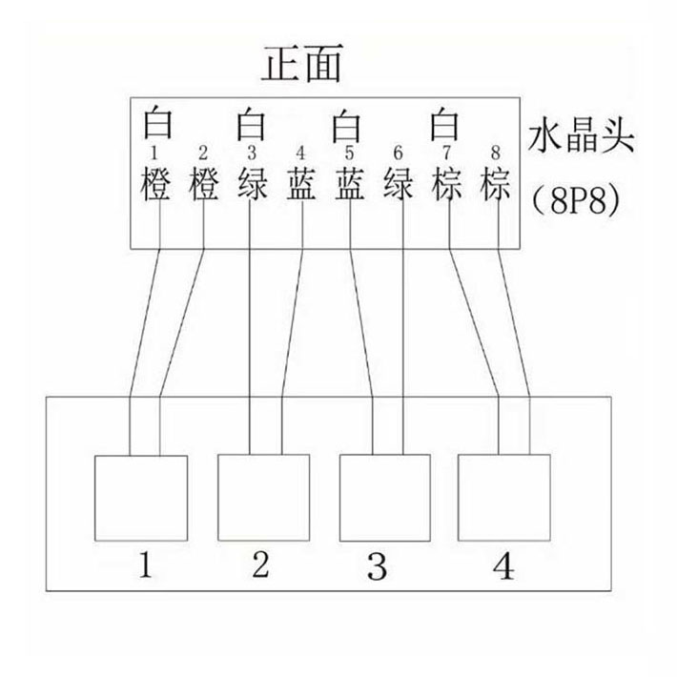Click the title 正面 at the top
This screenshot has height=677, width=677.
300,66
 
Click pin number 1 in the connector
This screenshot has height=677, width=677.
155,153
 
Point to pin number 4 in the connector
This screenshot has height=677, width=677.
300,153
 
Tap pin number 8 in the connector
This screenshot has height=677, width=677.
495,153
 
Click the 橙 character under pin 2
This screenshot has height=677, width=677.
204,183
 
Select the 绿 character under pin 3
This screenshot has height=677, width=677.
252,183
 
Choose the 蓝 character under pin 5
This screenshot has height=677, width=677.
350,183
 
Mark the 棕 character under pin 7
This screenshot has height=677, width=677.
446,183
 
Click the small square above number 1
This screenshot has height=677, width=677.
142,499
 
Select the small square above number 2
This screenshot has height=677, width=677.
264,499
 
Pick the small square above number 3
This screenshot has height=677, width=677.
385,499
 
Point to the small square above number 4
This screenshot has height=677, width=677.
504,499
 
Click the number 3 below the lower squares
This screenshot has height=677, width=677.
378,569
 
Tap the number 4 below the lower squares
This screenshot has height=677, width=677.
503,569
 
